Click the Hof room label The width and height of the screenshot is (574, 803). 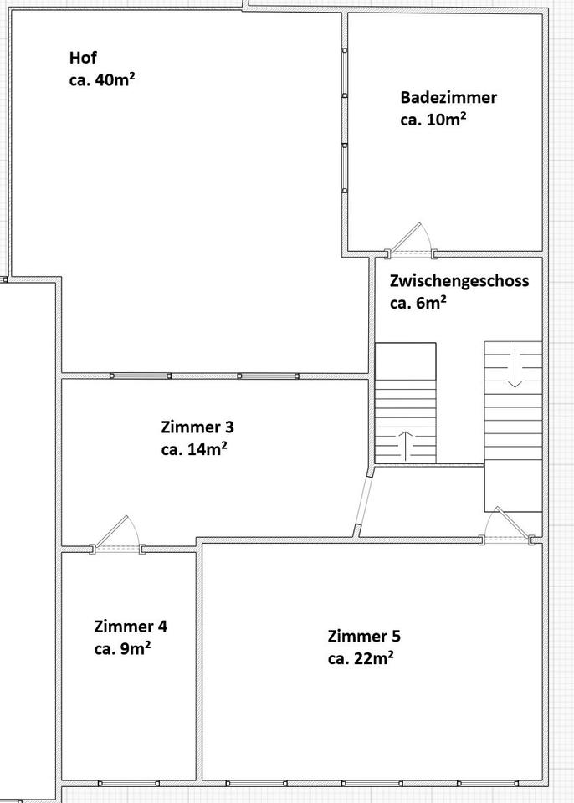point(83,58)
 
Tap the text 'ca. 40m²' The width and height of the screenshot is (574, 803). point(101,80)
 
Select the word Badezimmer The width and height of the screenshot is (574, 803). point(448,97)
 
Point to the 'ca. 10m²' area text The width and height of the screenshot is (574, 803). point(433,120)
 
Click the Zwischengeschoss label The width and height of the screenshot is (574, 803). point(459,281)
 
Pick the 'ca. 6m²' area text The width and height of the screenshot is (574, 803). point(418,303)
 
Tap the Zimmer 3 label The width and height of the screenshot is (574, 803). point(197,427)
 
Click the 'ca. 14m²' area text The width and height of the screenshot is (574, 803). point(194,449)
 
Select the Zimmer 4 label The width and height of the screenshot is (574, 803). point(131,627)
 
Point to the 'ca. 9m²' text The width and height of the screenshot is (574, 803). point(122,649)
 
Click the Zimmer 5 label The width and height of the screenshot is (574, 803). point(364,636)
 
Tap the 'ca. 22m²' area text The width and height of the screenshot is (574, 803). point(361,658)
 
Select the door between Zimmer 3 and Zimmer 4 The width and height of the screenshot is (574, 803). point(117,534)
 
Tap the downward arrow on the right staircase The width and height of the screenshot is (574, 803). point(515,366)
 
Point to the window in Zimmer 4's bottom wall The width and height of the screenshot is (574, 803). point(129,784)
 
